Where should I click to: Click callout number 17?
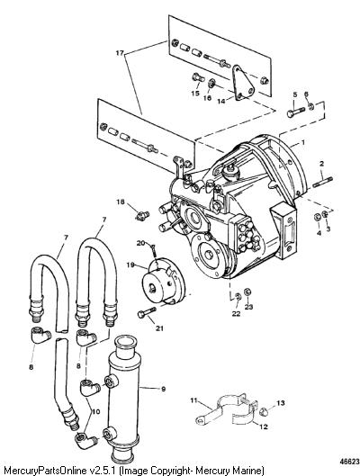120,53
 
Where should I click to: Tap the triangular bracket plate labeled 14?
243,82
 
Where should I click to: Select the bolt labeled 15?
198,77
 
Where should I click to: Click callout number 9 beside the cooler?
163,389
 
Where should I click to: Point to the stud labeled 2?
322,182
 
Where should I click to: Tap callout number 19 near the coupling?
130,265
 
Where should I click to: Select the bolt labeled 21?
147,312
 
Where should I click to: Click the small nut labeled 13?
264,411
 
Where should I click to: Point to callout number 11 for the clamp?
193,400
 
